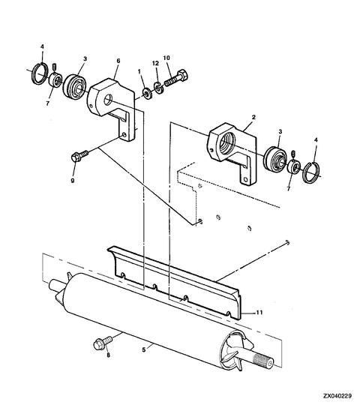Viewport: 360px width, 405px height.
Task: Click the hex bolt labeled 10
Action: [x=176, y=78]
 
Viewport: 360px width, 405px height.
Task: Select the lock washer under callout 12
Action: [x=158, y=87]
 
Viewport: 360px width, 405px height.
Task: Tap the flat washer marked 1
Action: [x=148, y=93]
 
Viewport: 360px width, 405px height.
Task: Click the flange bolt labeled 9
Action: [x=79, y=156]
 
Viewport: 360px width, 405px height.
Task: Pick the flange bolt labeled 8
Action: [x=103, y=343]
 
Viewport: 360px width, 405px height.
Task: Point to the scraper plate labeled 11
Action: [x=175, y=282]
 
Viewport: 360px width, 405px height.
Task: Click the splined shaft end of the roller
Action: [x=263, y=359]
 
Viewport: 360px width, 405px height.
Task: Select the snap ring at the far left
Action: [x=40, y=73]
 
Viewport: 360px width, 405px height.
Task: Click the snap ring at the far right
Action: [x=312, y=172]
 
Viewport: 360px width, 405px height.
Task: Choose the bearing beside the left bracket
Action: [x=75, y=86]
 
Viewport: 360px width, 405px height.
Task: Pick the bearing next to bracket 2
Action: [x=275, y=158]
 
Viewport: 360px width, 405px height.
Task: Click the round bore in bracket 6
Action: [x=108, y=100]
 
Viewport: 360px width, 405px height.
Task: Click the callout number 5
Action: [x=144, y=349]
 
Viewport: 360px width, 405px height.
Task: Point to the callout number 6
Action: [x=118, y=61]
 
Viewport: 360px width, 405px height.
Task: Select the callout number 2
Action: [x=253, y=117]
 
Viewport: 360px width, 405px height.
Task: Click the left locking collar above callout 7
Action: [x=55, y=79]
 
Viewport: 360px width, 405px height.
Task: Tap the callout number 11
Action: [x=259, y=312]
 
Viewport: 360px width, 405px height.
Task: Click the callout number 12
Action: [x=155, y=63]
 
